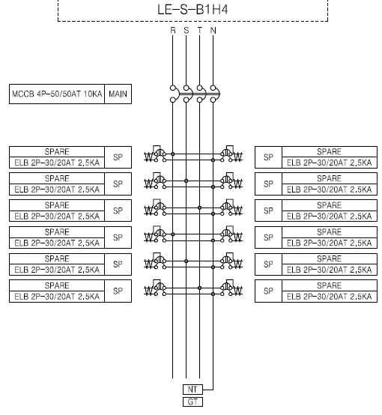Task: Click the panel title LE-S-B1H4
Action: [192, 10]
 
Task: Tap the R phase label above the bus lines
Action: [173, 31]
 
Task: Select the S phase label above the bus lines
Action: [186, 31]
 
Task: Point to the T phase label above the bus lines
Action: [199, 31]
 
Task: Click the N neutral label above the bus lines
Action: [213, 31]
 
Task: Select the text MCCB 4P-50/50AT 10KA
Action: [57, 94]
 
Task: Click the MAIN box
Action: [118, 94]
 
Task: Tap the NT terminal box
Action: [192, 390]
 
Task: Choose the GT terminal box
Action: [192, 402]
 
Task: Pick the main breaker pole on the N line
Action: [213, 94]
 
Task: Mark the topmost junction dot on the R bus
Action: [173, 154]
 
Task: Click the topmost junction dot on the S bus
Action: [186, 181]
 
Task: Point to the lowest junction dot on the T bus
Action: [199, 288]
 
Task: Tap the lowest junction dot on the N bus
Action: [213, 294]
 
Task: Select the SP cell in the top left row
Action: [118, 157]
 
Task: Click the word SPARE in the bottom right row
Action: [330, 285]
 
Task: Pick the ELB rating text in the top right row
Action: [330, 163]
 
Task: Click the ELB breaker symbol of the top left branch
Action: [155, 154]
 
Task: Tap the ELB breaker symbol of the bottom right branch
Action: [231, 288]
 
